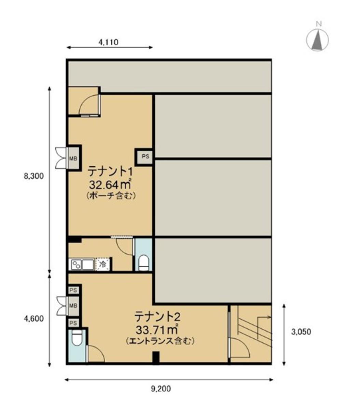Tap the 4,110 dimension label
click(x=108, y=42)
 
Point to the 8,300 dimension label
click(x=34, y=176)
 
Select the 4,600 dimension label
click(x=34, y=319)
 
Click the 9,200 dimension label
click(x=161, y=389)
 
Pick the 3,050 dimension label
click(x=301, y=332)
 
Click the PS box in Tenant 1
click(x=146, y=156)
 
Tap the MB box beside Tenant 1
click(x=73, y=158)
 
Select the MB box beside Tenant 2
click(x=73, y=306)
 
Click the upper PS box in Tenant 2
click(x=73, y=290)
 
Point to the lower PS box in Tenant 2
click(x=73, y=323)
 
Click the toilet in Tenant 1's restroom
click(x=144, y=263)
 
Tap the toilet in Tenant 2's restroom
click(x=77, y=338)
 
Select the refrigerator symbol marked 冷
click(x=102, y=265)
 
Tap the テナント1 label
click(x=110, y=171)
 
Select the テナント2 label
click(x=157, y=317)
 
